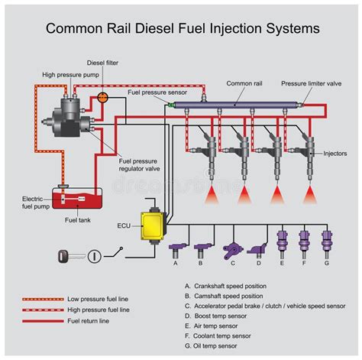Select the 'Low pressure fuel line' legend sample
tap(44, 299)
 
